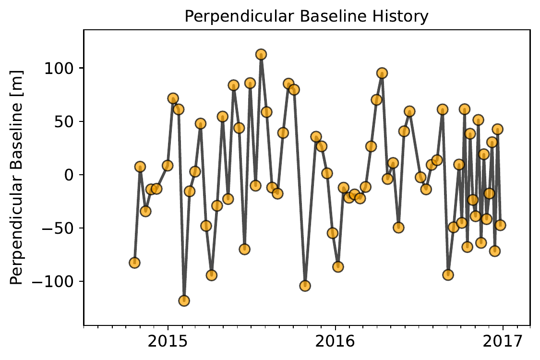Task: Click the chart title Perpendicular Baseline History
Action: coord(306,17)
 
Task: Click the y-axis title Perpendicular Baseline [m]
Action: coord(17,176)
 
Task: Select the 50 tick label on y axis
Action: coord(64,121)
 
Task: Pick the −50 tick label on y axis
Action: coord(55,228)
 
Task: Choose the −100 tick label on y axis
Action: coord(50,281)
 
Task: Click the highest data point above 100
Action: coord(261,55)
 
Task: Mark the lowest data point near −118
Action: coord(184,301)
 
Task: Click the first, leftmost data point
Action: coord(134,263)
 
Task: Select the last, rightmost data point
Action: coord(500,225)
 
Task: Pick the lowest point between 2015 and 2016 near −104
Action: coord(305,286)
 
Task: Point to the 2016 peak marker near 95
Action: coord(382,73)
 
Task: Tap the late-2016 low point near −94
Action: coord(448,275)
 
